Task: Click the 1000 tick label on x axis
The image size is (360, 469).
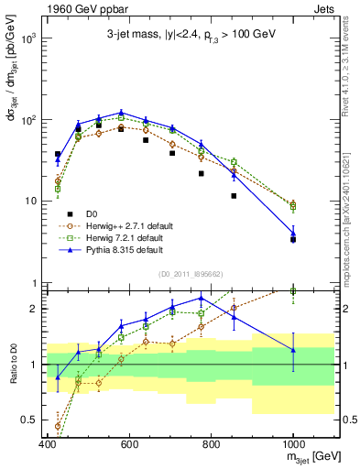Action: coord(293,444)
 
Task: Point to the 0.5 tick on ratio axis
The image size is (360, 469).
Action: coord(29,420)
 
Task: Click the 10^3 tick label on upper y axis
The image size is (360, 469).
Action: coord(27,39)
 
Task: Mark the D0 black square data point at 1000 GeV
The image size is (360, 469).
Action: coord(293,239)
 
